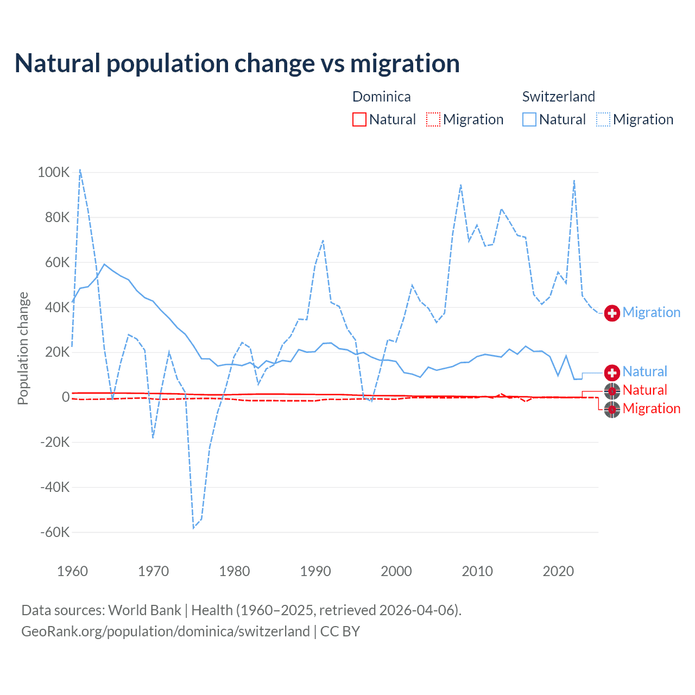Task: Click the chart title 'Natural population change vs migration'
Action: point(237,64)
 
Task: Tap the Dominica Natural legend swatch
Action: point(359,119)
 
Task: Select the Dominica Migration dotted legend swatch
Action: point(433,119)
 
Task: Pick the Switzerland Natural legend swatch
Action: point(529,119)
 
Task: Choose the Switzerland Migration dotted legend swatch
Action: point(603,119)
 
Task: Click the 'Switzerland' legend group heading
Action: point(558,97)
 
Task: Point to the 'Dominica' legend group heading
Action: point(381,97)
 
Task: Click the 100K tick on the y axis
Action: point(54,173)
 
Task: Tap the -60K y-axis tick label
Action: point(55,532)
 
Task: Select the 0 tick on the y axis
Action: point(66,397)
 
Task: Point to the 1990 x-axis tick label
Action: point(315,571)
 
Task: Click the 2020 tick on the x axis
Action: point(558,571)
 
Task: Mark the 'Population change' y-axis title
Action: point(23,348)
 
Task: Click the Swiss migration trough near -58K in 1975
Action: point(193,528)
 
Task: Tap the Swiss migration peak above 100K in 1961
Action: point(80,169)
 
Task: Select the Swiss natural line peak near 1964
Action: point(104,264)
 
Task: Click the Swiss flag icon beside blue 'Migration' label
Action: point(612,313)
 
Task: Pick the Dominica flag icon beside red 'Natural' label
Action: point(612,390)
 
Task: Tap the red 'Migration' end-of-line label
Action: point(651,408)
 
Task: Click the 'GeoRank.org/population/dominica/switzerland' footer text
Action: point(166,631)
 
